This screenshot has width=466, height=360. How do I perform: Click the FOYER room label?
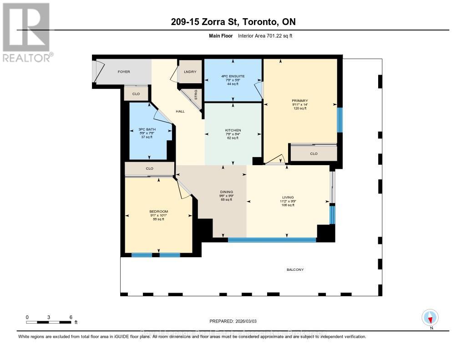(124, 71)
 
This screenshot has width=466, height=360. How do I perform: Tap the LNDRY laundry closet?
(189, 72)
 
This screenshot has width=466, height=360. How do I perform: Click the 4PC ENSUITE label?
(233, 76)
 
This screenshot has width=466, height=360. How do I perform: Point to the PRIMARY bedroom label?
(300, 101)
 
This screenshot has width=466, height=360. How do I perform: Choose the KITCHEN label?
(233, 131)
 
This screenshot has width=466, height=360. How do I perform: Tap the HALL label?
(180, 112)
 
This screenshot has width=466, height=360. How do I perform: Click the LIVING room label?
(288, 198)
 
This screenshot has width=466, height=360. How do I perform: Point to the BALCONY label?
(295, 270)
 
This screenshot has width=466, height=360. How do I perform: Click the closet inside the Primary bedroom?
(314, 154)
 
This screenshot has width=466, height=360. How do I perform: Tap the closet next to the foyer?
(136, 94)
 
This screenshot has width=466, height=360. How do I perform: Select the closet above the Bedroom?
(149, 169)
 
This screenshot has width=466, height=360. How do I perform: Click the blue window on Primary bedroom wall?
(339, 120)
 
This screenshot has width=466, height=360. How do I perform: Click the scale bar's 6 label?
(71, 317)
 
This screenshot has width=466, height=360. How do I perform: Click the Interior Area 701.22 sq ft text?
(265, 35)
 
